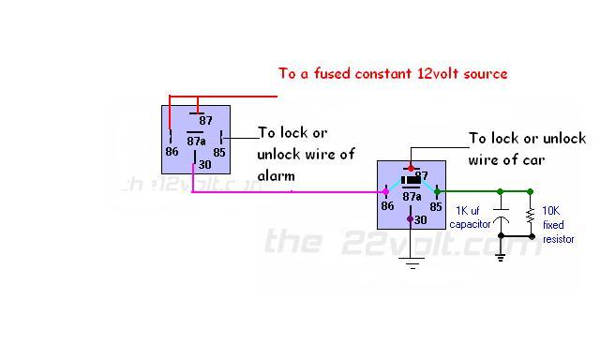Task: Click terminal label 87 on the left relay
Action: click(206, 121)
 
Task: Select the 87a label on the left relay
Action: click(197, 141)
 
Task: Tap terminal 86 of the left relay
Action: click(172, 151)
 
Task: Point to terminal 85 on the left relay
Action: click(219, 151)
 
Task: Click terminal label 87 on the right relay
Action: click(421, 175)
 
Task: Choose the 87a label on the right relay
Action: click(411, 196)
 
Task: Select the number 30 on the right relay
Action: click(420, 219)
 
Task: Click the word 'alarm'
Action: click(277, 174)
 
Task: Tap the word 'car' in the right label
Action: click(533, 159)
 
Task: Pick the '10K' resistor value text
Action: click(551, 213)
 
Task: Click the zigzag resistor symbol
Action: click(531, 217)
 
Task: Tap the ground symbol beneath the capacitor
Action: click(501, 255)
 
